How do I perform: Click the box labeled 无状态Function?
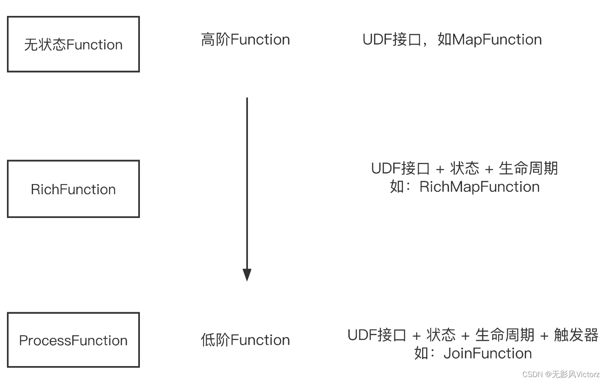coord(73,44)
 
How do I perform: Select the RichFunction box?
coord(73,189)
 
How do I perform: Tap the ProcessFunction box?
coord(73,340)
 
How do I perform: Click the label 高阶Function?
coord(245,40)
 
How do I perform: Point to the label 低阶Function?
coord(245,340)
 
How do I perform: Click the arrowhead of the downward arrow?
coord(247,275)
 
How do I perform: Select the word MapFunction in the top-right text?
coord(497,40)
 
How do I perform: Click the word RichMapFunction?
coord(479,187)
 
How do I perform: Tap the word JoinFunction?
coord(487,353)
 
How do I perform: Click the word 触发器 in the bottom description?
coord(575,335)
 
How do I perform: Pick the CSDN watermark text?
coord(533,374)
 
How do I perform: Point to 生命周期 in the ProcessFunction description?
coord(504,335)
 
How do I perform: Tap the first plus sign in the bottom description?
coord(416,335)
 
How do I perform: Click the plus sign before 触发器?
coord(544,335)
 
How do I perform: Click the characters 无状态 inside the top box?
coord(45,44)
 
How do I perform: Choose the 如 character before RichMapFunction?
coord(397,187)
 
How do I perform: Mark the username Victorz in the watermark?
coord(588,374)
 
